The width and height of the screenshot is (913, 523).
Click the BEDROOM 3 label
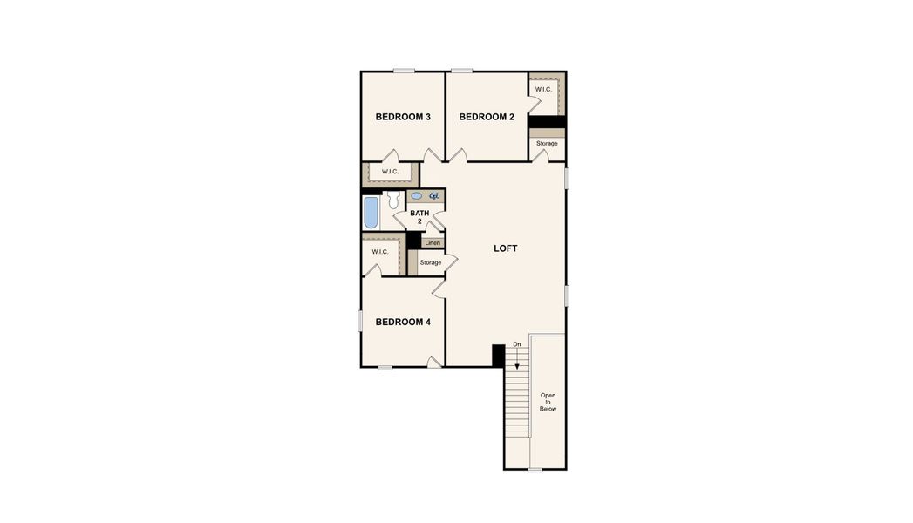(x=403, y=117)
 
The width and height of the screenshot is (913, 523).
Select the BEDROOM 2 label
(x=487, y=117)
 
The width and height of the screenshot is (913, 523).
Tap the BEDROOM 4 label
(x=403, y=322)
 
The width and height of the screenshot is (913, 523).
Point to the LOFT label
(x=506, y=248)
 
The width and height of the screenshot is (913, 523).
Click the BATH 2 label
(x=419, y=217)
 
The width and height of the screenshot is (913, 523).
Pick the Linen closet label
(x=433, y=243)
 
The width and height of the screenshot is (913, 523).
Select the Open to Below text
(x=548, y=402)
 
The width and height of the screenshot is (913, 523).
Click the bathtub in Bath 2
(x=371, y=213)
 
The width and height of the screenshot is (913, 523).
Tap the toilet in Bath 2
(x=395, y=200)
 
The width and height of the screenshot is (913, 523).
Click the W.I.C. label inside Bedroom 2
(x=543, y=90)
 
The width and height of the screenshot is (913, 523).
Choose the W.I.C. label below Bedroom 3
(x=390, y=172)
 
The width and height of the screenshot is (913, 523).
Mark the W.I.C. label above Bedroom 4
(x=380, y=252)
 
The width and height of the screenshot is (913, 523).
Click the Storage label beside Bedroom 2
(x=547, y=143)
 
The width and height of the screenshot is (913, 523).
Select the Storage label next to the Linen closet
(x=430, y=262)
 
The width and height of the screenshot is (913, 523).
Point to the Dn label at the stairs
(x=517, y=344)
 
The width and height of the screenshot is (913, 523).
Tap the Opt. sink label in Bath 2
(x=433, y=196)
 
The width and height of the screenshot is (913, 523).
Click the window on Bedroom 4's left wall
(x=360, y=321)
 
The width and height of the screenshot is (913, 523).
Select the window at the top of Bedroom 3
(x=403, y=71)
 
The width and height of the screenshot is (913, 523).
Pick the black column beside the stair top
(x=498, y=355)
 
